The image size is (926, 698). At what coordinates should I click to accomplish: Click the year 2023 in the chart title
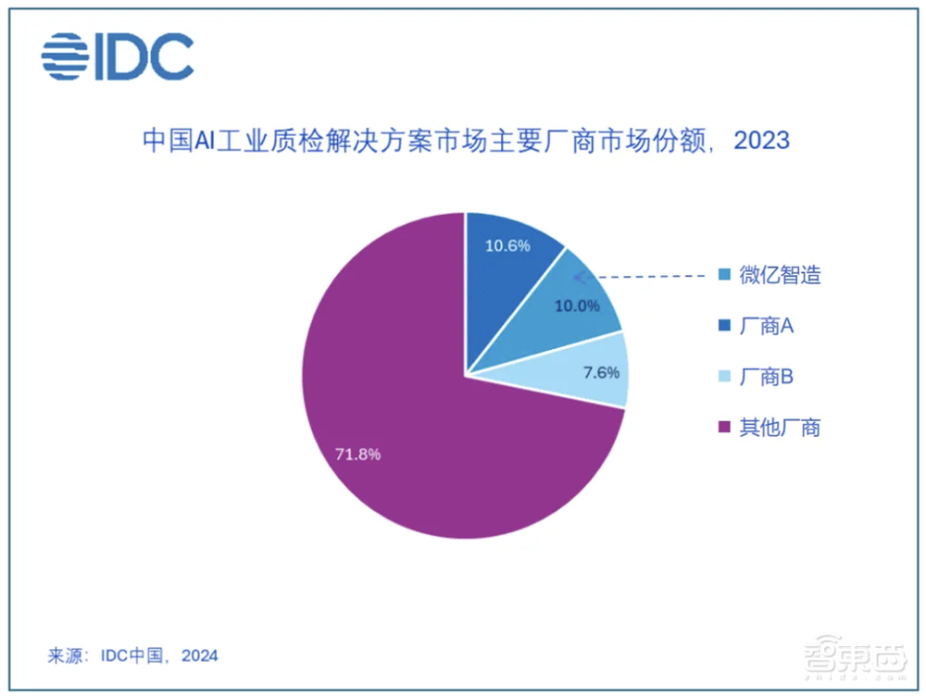(x=758, y=140)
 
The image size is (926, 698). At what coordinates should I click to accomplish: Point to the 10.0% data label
(x=577, y=306)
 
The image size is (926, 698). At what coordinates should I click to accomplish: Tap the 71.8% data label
(x=357, y=455)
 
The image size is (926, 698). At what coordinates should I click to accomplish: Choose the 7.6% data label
(x=599, y=373)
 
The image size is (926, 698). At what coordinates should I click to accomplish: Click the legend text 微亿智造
(x=781, y=276)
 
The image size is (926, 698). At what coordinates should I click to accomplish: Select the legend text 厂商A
(x=767, y=326)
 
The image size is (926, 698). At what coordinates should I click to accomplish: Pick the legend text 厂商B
(x=767, y=377)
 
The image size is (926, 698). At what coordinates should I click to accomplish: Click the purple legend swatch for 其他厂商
(x=725, y=428)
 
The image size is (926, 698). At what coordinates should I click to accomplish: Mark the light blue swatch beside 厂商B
(x=725, y=378)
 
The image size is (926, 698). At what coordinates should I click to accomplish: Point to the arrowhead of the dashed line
(x=579, y=276)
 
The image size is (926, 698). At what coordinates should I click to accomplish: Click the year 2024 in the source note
(x=199, y=655)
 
